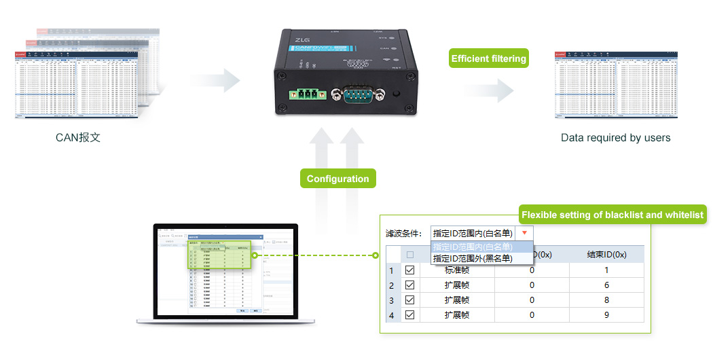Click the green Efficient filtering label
489,58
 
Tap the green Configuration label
337,179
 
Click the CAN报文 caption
78,138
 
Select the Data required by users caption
615,138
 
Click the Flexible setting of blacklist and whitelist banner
612,215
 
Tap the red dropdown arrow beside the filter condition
524,233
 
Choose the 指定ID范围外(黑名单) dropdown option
473,258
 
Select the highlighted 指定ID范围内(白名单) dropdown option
473,247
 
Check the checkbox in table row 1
409,270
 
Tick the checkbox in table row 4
409,314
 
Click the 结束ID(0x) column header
606,255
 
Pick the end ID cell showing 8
606,300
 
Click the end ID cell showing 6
606,285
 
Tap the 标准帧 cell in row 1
457,270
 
